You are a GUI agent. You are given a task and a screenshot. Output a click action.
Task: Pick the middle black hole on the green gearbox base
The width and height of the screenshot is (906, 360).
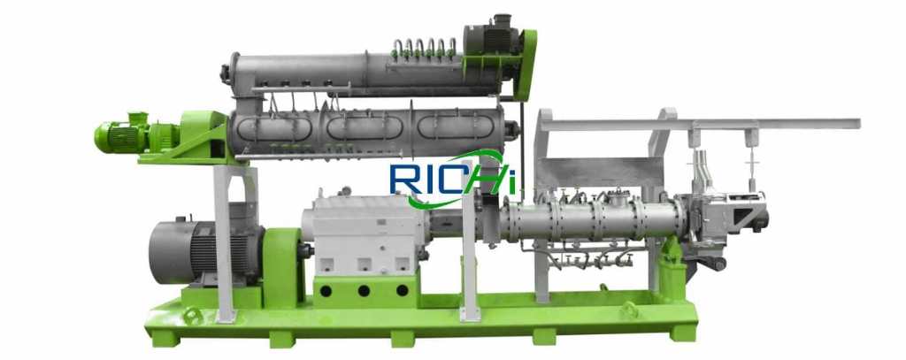point(364,291)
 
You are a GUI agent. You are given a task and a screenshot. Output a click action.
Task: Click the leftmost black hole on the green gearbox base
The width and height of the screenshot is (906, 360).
point(326,291)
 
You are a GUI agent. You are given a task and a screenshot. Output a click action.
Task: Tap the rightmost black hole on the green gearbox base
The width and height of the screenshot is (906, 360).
point(403,291)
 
